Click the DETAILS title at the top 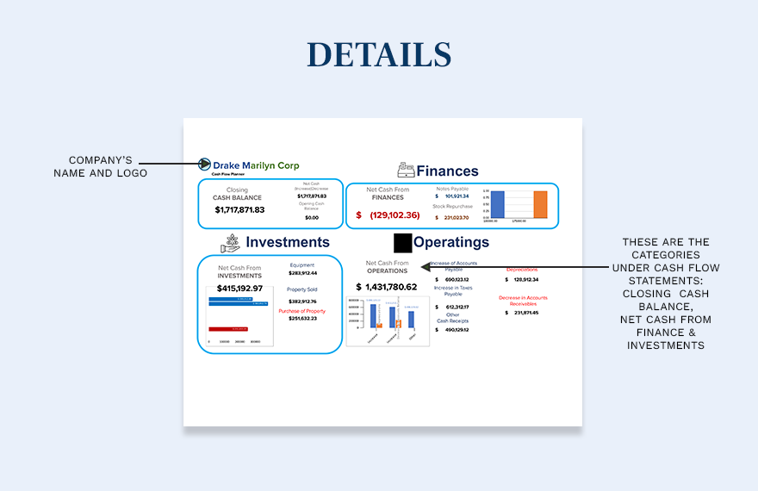(x=379, y=54)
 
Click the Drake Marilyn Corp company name (x=256, y=165)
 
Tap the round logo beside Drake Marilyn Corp (x=205, y=165)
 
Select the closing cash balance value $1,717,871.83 (x=239, y=210)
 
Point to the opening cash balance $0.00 (x=312, y=218)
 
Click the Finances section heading (x=447, y=171)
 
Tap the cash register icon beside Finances (x=406, y=171)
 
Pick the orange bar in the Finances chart (x=540, y=204)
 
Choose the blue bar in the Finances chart (x=497, y=204)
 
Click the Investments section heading (x=288, y=242)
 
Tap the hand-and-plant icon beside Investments (x=230, y=243)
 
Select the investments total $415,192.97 (x=239, y=288)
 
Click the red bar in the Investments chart (x=229, y=329)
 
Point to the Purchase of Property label (x=301, y=311)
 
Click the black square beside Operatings (x=402, y=242)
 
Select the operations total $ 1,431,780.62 (x=387, y=287)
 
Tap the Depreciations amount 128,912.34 (x=526, y=280)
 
